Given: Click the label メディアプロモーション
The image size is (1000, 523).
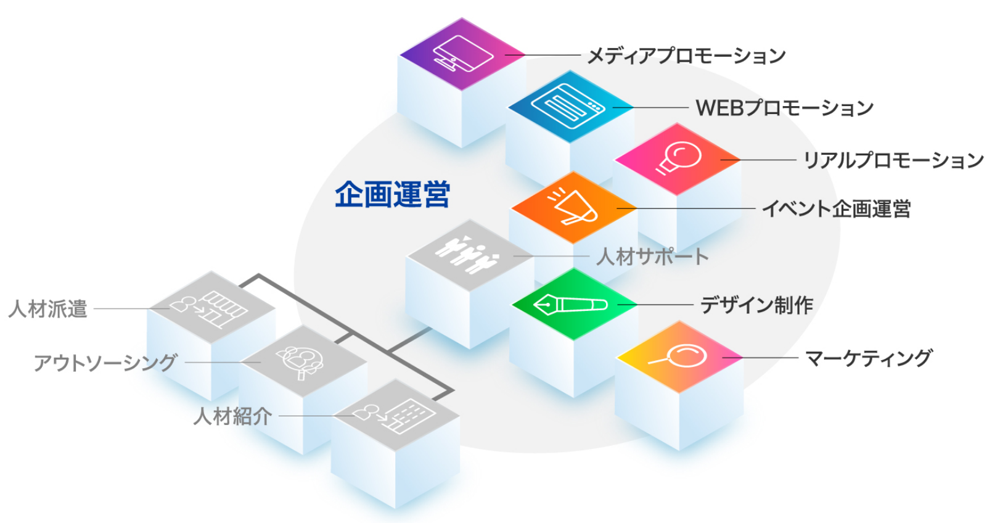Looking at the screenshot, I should [686, 56].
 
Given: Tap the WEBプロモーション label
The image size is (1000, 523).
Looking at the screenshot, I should [784, 108].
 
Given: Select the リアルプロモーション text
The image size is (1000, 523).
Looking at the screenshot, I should [893, 160].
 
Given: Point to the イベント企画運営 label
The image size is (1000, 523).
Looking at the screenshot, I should [836, 209].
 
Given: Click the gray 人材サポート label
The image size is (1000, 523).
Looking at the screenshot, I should [652, 257].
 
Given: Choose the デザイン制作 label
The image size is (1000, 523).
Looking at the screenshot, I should [756, 305].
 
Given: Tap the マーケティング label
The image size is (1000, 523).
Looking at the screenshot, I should [869, 358].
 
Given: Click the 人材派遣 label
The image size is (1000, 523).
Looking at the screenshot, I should [48, 308].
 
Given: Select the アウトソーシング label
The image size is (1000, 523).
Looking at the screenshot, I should [105, 363].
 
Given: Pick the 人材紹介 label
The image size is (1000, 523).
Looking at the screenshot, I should [232, 416].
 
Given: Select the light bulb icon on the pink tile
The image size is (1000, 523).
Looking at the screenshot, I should [678, 158].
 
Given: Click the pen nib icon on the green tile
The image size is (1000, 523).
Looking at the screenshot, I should [570, 304].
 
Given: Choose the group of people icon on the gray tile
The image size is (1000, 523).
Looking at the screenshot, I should [467, 253].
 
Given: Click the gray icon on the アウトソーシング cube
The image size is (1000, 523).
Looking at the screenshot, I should [301, 361].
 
